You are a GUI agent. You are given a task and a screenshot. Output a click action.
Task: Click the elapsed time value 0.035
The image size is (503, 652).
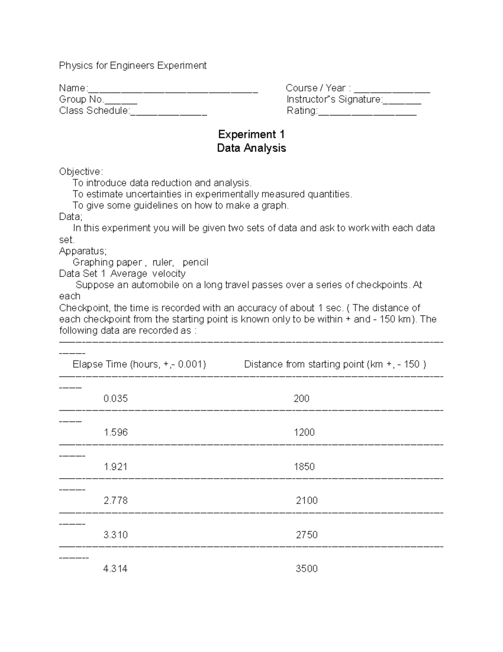tap(115, 398)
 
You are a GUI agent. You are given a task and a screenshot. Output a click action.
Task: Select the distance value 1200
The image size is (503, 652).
tap(304, 432)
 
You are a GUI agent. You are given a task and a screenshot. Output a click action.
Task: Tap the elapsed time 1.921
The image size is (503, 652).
tap(115, 466)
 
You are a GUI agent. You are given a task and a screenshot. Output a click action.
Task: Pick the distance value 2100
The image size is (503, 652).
tap(307, 500)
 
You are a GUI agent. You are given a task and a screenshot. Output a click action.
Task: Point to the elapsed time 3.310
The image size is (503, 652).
tap(115, 535)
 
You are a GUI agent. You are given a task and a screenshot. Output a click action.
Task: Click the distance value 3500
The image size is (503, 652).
tap(307, 569)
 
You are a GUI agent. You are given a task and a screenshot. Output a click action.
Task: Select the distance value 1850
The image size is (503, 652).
tap(304, 466)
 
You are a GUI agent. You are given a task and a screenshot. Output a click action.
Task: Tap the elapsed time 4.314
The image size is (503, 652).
tap(115, 569)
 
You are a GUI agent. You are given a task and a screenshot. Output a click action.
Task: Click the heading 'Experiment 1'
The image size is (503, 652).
tap(251, 135)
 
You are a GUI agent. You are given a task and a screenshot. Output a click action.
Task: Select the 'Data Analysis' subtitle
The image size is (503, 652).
tap(251, 148)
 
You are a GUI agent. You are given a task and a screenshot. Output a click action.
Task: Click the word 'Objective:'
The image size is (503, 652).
tap(81, 172)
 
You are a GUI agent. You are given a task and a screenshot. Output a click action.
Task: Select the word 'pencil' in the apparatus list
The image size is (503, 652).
tap(195, 262)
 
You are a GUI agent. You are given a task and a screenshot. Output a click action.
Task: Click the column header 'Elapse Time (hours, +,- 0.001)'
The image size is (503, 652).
tap(139, 364)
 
